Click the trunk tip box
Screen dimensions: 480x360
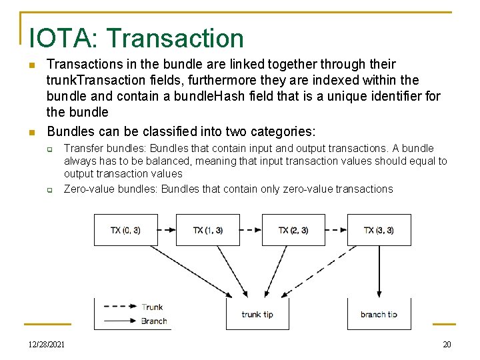[x=257, y=314]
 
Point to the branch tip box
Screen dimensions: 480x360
[x=379, y=314]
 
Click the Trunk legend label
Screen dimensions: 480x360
[x=153, y=307]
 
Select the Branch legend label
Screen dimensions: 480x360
[x=154, y=321]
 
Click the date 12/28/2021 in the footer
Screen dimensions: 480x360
[x=47, y=344]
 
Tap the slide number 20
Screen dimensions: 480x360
[x=447, y=344]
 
